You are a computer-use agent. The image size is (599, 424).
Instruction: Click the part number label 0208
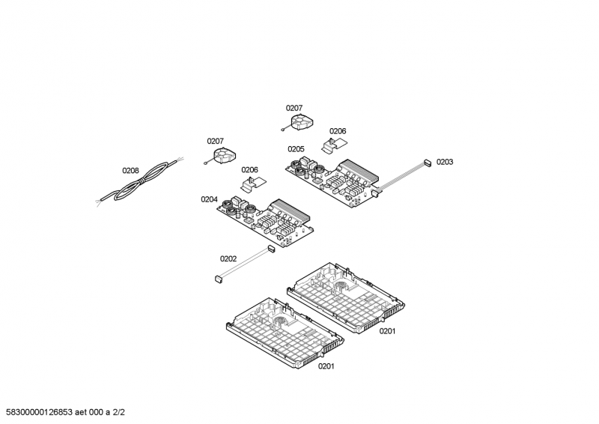pos(130,170)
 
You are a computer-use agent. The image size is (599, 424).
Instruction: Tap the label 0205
pos(295,149)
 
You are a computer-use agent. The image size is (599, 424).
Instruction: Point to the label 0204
pos(209,199)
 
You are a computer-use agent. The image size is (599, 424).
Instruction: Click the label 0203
pos(445,162)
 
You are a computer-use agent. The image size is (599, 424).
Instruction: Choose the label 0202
pos(228,259)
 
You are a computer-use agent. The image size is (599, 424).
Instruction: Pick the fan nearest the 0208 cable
pos(222,155)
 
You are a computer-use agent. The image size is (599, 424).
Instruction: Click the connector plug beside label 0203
pos(426,161)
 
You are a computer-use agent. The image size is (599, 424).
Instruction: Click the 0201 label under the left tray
pos(326,366)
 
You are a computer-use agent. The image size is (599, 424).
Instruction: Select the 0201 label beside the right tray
pos(387,331)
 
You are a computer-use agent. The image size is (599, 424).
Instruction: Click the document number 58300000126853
pos(43,412)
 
